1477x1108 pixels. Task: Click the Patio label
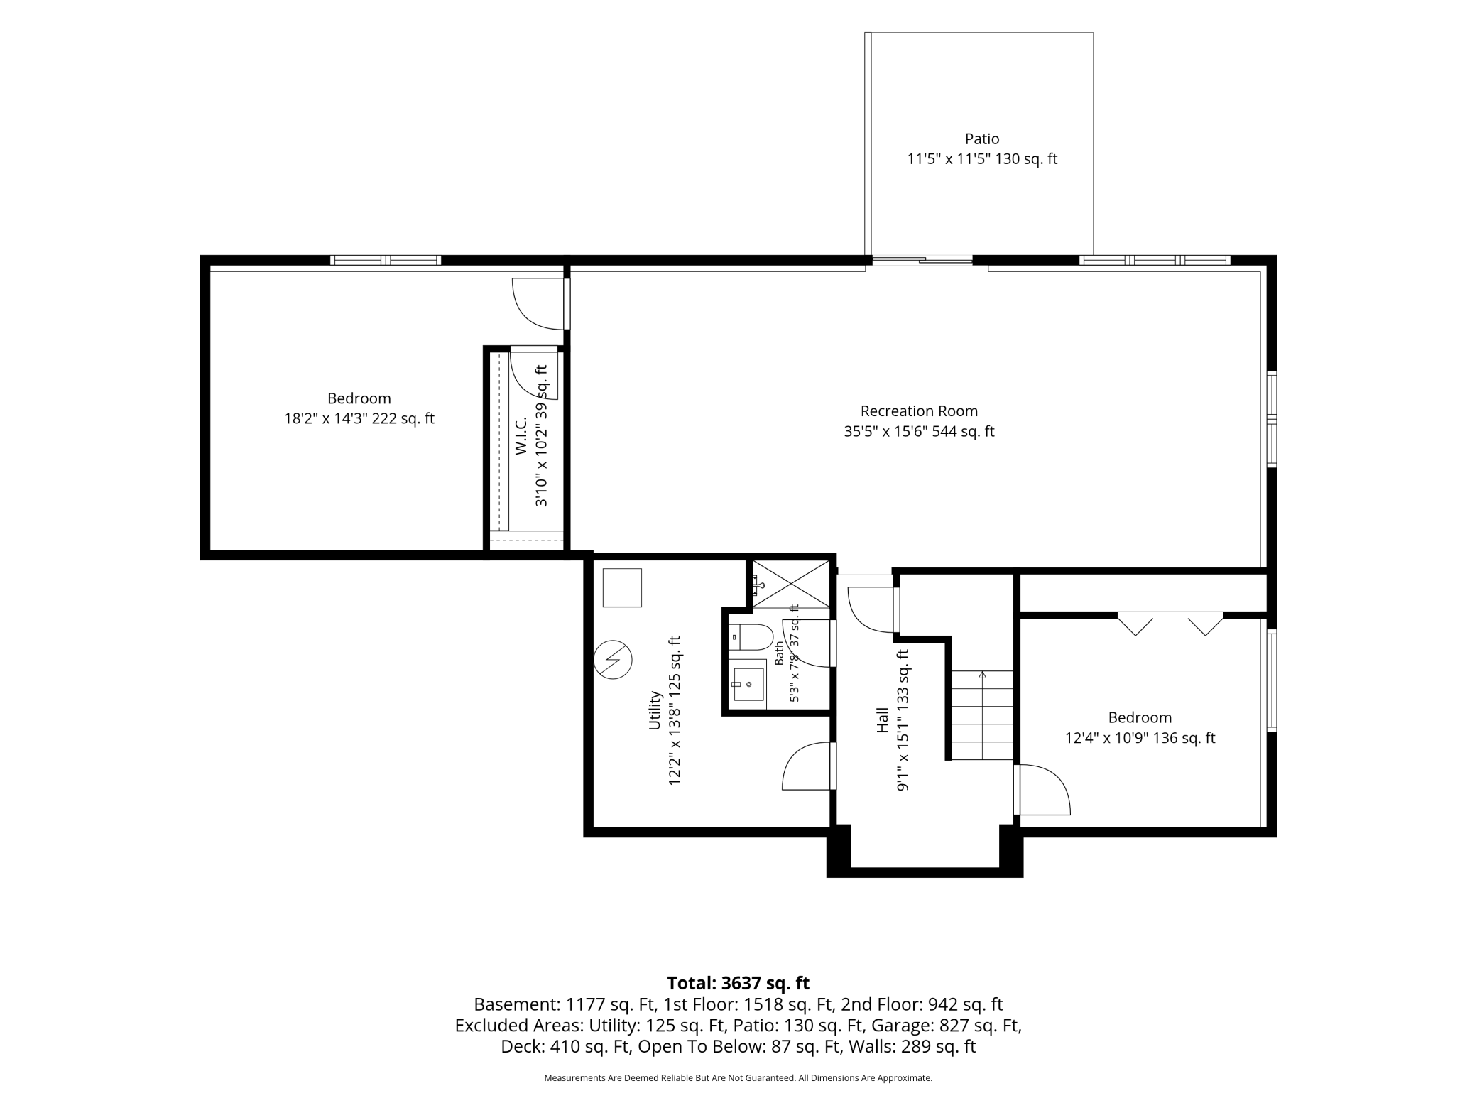coord(982,138)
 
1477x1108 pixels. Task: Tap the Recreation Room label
coord(919,411)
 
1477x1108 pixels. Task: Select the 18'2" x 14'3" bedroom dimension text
coord(359,418)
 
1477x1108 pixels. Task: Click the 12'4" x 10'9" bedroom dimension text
coord(1140,738)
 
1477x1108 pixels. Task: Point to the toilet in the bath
coord(751,637)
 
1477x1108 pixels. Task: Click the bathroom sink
coord(748,684)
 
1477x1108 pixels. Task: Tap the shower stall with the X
coord(790,583)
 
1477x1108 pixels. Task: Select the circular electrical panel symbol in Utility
coord(612,660)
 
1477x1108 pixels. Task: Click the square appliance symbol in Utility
coord(622,587)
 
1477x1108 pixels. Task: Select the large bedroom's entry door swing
coord(540,303)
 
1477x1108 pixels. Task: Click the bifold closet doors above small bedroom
coord(1170,623)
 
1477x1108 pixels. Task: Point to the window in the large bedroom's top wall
coord(386,260)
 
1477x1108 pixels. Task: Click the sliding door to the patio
coord(922,260)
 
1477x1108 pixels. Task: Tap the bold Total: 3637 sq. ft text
coord(738,983)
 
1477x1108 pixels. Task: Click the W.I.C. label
coord(522,435)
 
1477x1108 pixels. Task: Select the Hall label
coord(883,719)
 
